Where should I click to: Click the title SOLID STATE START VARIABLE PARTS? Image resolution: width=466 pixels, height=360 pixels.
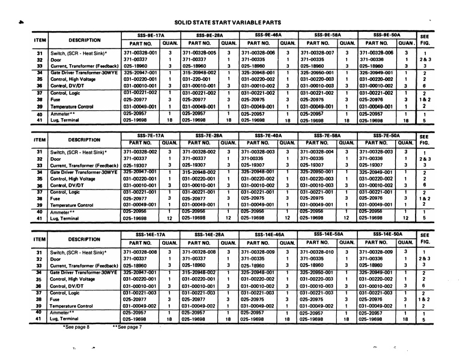(x=231, y=22)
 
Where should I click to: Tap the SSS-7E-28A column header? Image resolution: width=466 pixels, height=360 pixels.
(x=210, y=136)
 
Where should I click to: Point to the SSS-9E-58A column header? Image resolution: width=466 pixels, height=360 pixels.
(x=327, y=35)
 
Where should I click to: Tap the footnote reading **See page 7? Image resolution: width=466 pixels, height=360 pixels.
(x=127, y=327)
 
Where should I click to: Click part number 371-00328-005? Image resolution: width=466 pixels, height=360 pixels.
(x=202, y=53)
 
